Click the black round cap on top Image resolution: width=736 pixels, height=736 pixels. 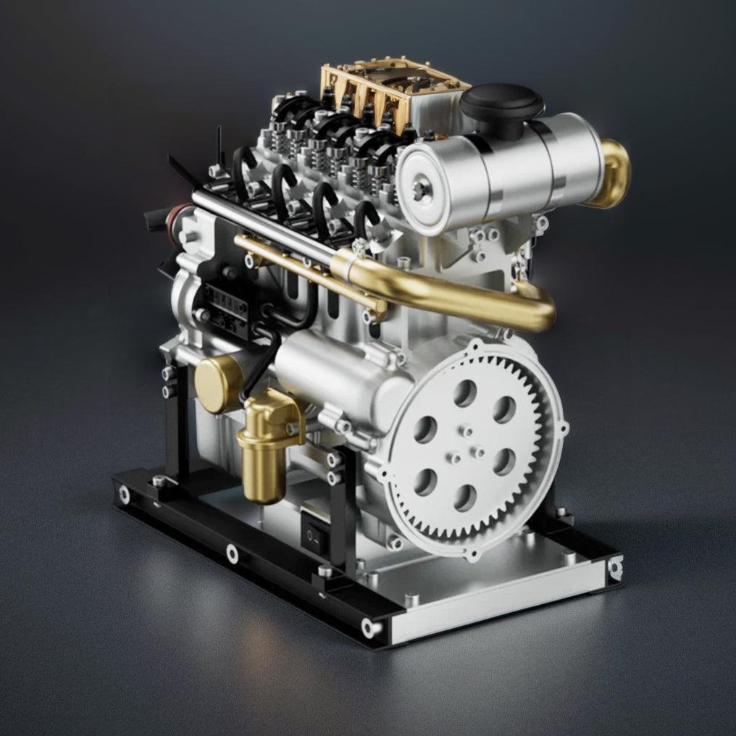(x=501, y=101)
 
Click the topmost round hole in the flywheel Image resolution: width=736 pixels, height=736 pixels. (x=465, y=393)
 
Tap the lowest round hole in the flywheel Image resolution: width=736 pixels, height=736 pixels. (x=464, y=498)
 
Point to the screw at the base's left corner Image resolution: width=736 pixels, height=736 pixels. (x=125, y=495)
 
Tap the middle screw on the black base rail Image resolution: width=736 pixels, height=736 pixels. (x=232, y=554)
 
